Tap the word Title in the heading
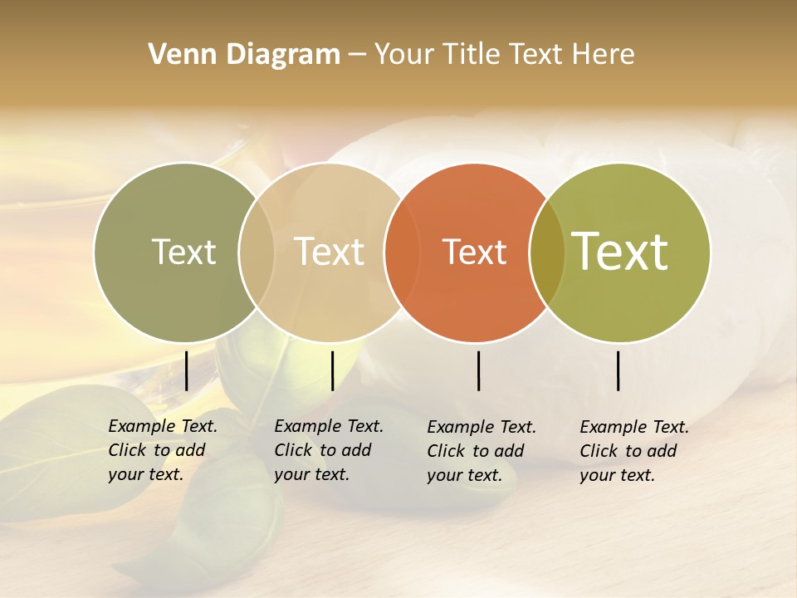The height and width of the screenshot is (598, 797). pos(472,55)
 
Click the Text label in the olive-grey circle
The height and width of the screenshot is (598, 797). pos(183,252)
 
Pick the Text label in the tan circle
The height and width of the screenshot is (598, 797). pos(330,252)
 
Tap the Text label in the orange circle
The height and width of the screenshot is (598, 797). pos(474,252)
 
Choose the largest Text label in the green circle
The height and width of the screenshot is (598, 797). pos(620,251)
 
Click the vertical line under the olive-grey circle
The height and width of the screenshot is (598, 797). pos(187,370)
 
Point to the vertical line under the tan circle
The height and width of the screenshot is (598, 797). pos(333,370)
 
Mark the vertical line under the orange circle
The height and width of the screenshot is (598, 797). pos(479,370)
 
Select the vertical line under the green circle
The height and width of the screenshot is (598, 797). pos(619,370)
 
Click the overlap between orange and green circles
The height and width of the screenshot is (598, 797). pos(547,252)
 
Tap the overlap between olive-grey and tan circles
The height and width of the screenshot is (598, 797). pos(257,252)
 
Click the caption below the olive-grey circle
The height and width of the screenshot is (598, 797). pos(163,450)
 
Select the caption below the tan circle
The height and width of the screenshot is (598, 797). pos(329,450)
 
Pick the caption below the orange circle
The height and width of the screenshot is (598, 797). pos(482,451)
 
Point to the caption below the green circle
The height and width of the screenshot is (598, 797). pos(634,451)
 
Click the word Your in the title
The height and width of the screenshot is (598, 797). pos(404,55)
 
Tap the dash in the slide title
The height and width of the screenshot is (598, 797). pos(357,56)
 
